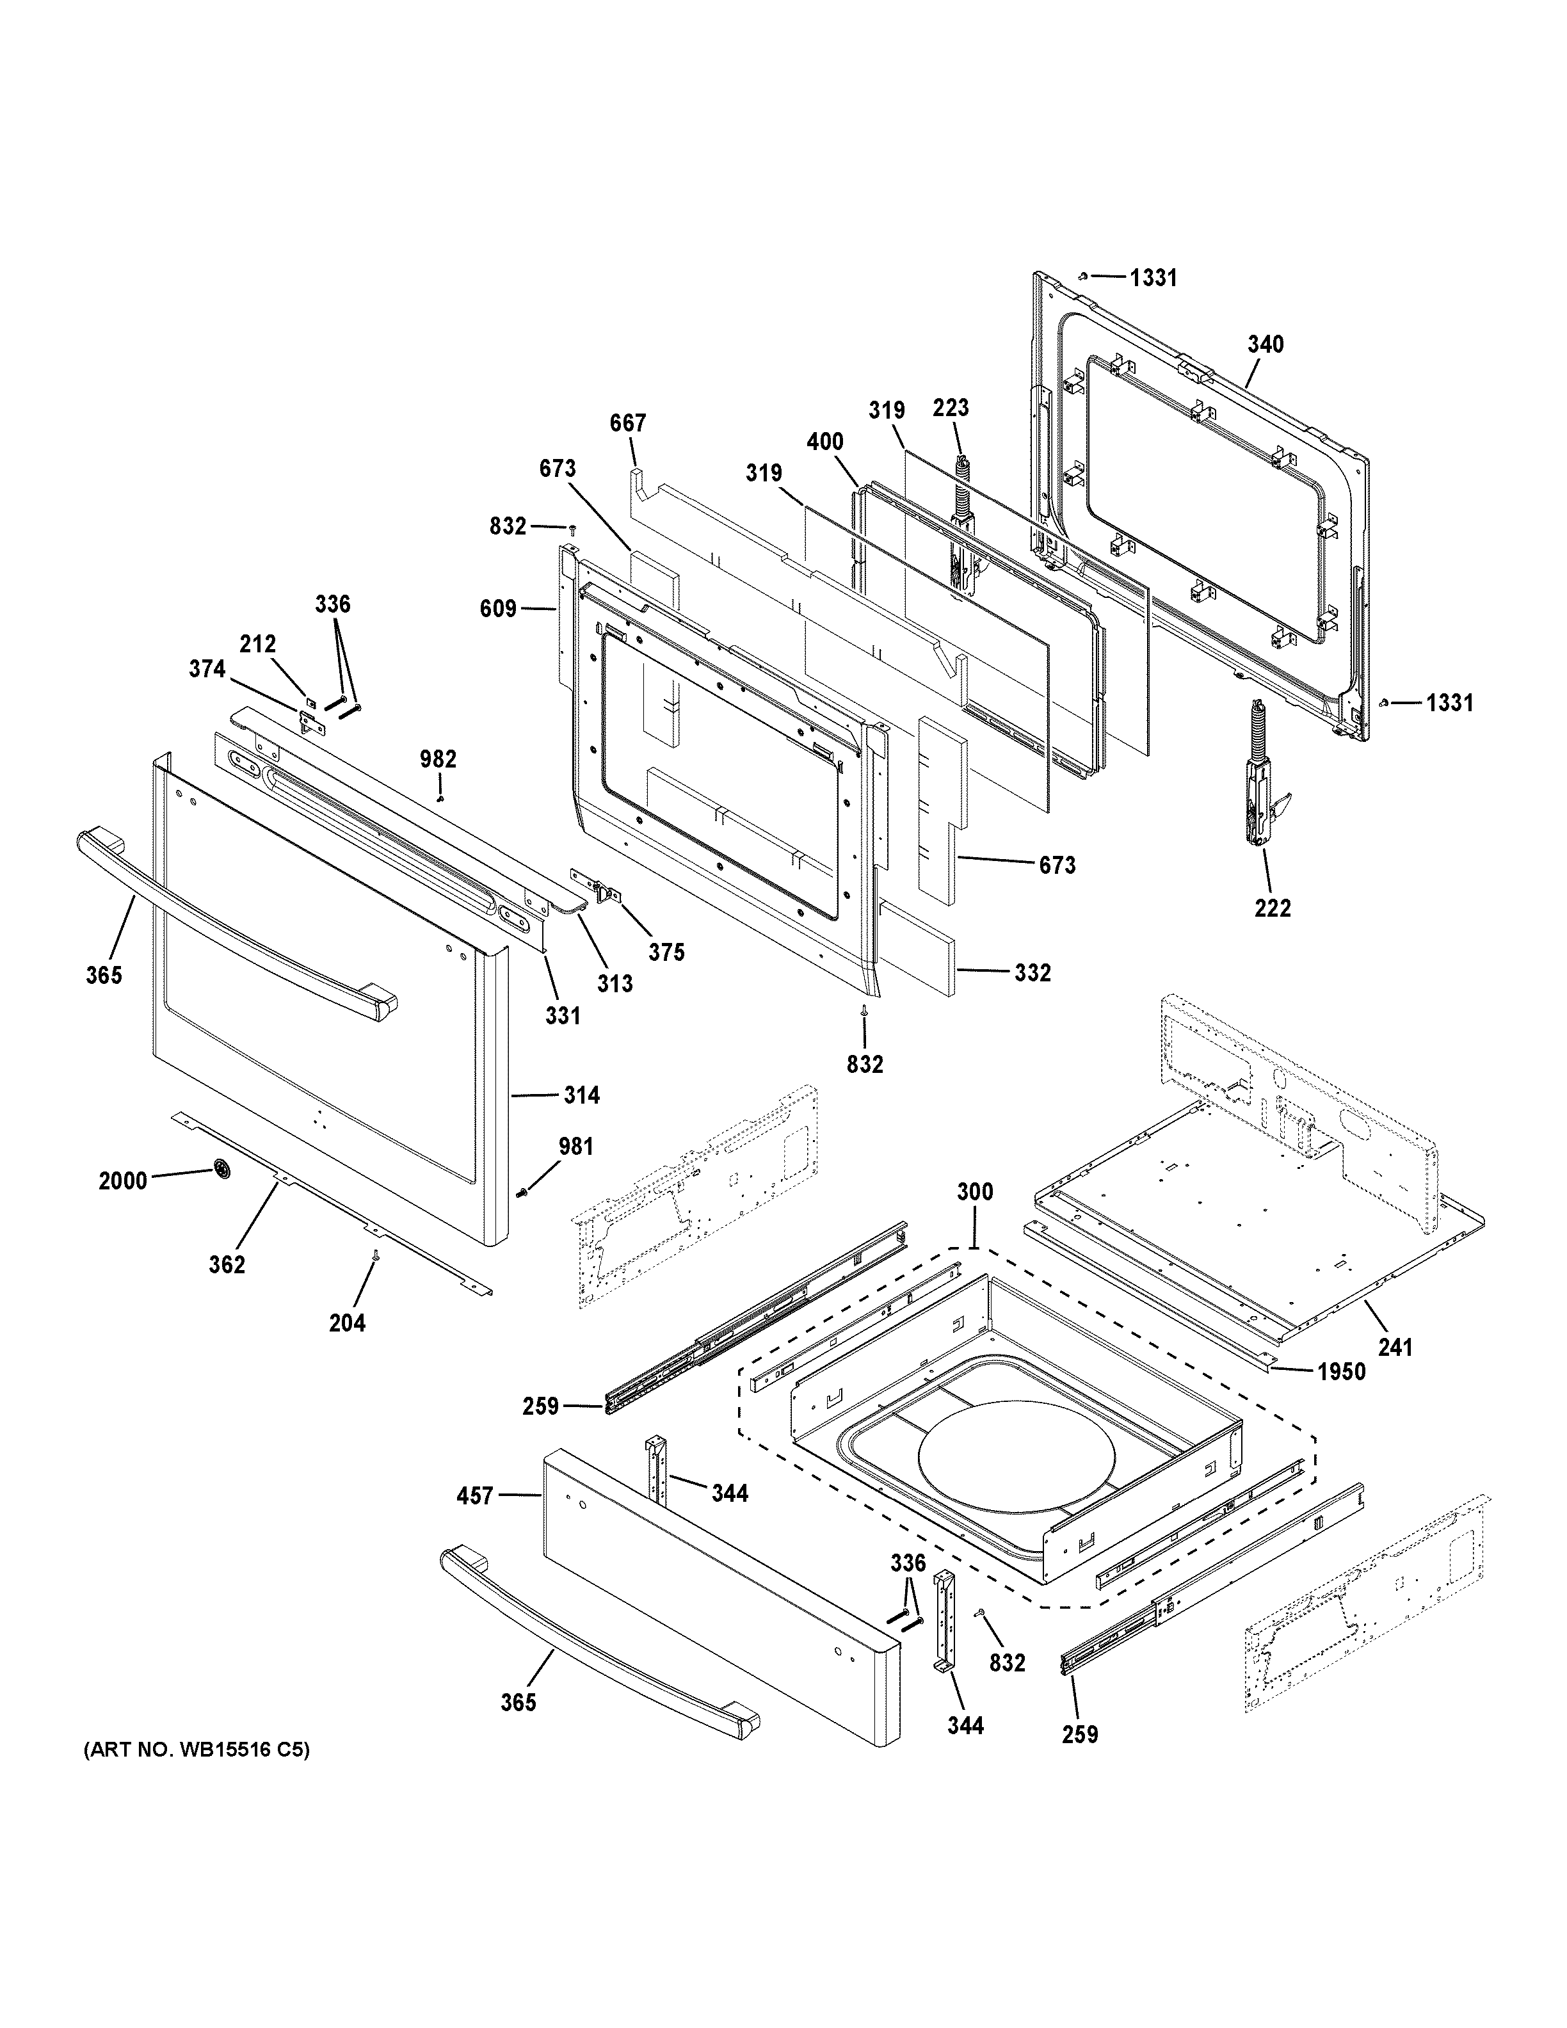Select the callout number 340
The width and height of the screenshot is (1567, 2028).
click(x=1266, y=344)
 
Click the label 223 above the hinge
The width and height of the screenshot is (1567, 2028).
click(x=951, y=408)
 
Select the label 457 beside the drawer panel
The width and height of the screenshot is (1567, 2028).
click(x=474, y=1496)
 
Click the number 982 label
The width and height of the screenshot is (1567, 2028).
click(x=438, y=760)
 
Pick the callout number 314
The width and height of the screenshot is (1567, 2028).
click(x=581, y=1096)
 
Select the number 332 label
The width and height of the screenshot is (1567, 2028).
click(x=1033, y=972)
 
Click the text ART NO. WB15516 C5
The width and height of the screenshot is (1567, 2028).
click(x=197, y=1750)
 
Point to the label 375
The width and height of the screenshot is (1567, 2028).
click(x=666, y=952)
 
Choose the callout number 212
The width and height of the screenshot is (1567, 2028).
click(x=258, y=643)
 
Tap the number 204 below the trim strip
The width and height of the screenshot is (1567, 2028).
click(x=347, y=1323)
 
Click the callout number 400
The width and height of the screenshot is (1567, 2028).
click(x=824, y=442)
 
